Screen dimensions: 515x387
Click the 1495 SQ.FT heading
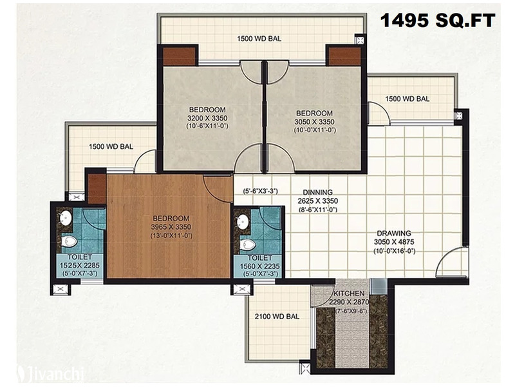coord(438,21)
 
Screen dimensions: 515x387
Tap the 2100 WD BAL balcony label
coord(277,317)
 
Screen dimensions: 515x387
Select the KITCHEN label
coord(349,293)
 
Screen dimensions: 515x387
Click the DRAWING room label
coord(394,233)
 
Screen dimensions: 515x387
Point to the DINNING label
coord(317,192)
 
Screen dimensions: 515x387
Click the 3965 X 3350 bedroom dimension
coord(171,227)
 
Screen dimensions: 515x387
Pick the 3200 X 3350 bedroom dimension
coord(207,118)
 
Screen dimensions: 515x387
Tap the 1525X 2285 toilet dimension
coord(79,266)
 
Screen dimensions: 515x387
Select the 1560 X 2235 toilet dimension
coord(259,266)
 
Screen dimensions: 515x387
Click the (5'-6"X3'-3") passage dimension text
coord(261,191)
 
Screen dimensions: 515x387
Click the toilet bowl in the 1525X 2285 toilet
coord(70,241)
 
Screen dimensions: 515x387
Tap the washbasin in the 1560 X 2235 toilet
coord(243,221)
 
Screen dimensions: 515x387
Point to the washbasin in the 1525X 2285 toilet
coord(66,217)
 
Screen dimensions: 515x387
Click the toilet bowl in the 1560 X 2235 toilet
coord(248,244)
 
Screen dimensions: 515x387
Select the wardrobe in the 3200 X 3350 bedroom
coord(179,56)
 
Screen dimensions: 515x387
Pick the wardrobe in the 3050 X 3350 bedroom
coord(344,56)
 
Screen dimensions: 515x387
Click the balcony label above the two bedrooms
coord(259,39)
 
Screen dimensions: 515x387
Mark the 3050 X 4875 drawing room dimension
coord(394,242)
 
